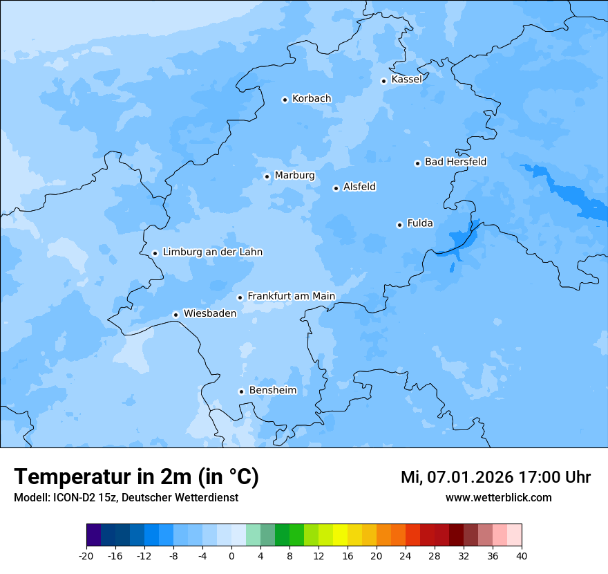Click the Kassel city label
coord(406,80)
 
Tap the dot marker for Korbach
coord(285,100)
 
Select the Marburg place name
coord(294,176)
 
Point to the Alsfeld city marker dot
coord(336,188)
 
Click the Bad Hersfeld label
coord(455,162)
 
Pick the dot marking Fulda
coord(399,225)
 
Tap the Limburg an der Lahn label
coord(212,252)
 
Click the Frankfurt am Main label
coord(291,296)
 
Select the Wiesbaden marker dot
coord(176,315)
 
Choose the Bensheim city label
coord(272,391)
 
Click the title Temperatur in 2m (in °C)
coord(136,477)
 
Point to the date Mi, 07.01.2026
coord(456,477)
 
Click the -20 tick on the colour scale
coord(86,555)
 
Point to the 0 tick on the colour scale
coord(231,555)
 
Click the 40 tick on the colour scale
coord(522,555)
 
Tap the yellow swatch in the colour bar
coord(340,535)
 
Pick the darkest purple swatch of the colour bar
coord(93,535)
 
